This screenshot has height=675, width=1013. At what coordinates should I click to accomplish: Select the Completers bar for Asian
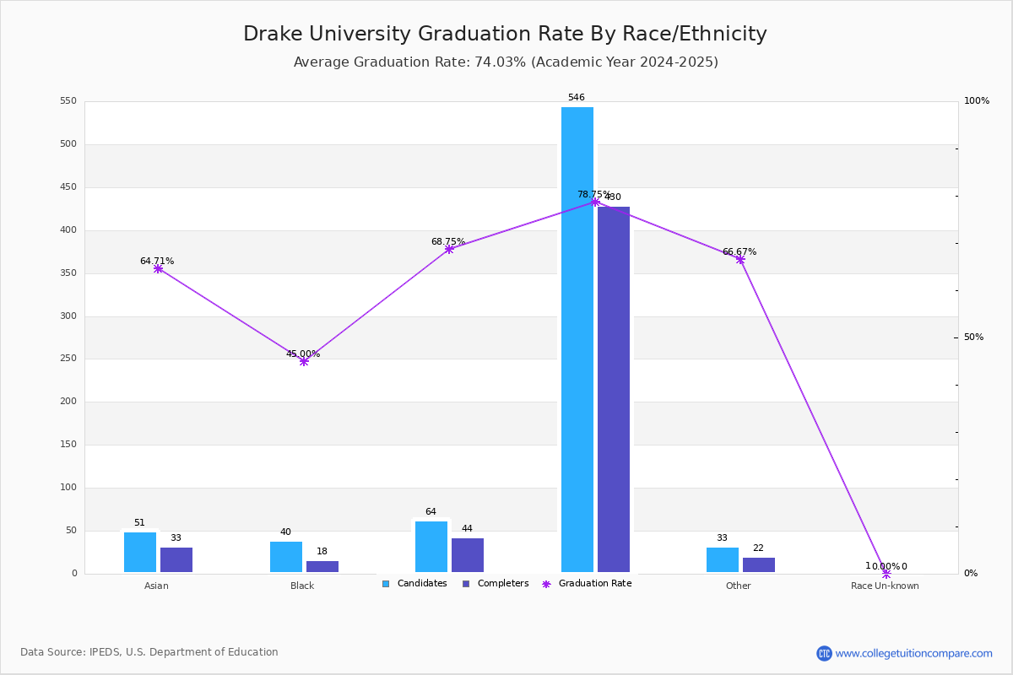[176, 559]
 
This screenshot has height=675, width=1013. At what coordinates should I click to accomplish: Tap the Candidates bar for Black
[286, 557]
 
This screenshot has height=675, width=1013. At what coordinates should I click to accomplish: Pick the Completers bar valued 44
[468, 555]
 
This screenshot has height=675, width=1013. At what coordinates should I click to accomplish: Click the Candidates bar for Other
[723, 559]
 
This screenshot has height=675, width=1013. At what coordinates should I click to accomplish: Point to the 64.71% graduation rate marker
[158, 268]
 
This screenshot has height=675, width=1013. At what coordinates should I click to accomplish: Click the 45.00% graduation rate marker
[304, 361]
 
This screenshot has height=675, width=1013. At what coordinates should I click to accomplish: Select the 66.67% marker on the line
[740, 260]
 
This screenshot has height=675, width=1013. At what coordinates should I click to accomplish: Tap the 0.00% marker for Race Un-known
[886, 574]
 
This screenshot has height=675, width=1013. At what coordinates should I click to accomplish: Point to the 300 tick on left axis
[68, 316]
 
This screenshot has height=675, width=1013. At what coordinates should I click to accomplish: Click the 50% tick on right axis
[973, 337]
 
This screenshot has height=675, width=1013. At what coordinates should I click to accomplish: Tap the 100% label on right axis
[976, 101]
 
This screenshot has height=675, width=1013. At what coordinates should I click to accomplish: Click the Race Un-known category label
[885, 586]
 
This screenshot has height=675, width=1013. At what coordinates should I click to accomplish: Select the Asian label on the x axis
[156, 586]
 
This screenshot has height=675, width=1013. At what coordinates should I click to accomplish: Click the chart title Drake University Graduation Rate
[505, 35]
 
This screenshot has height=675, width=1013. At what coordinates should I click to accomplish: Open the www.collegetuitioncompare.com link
[913, 653]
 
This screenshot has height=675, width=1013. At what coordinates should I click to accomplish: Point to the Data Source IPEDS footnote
[149, 652]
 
